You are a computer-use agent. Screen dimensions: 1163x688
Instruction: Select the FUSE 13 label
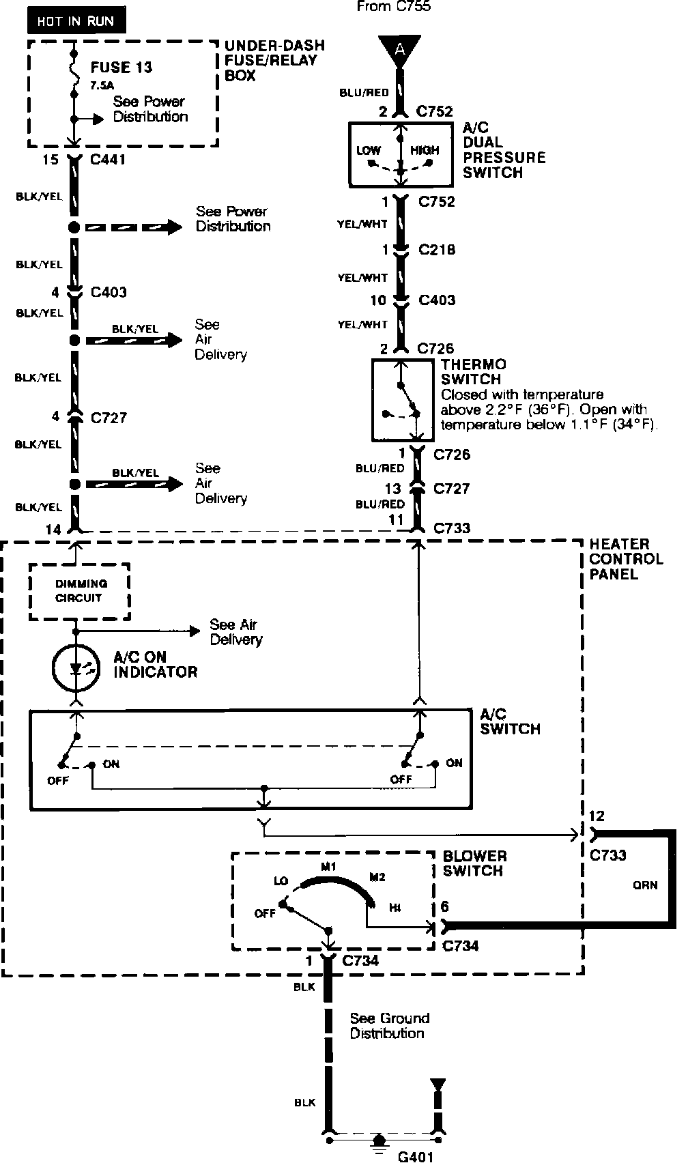coord(121,68)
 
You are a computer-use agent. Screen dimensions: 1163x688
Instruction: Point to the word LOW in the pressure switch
coord(369,150)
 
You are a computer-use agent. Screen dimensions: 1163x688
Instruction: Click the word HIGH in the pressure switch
coord(425,150)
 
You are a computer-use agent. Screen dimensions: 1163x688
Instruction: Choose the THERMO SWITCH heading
coord(473,372)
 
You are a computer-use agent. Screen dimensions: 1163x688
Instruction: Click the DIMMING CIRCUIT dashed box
coord(80,591)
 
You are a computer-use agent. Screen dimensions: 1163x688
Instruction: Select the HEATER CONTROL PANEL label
coord(626,560)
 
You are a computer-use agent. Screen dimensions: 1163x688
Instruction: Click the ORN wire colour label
coord(645,885)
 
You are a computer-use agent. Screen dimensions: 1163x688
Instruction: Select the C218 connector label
coord(437,250)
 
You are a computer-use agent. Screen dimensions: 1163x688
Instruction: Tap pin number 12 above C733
coord(596,816)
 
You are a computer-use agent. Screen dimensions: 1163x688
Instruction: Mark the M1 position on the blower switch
coord(330,867)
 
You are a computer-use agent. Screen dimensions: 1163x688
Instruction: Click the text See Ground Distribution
coord(389,1026)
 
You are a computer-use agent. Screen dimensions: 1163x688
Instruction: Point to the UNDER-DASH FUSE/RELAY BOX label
coord(274,60)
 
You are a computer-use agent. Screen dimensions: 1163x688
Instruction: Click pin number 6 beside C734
coord(446,906)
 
